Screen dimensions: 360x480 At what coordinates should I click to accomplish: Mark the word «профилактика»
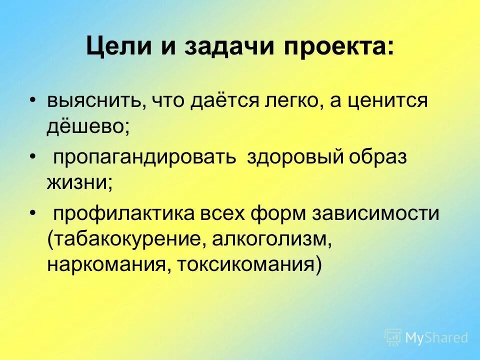click(124, 214)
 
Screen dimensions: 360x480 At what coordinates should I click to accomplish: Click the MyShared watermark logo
click(426, 337)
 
